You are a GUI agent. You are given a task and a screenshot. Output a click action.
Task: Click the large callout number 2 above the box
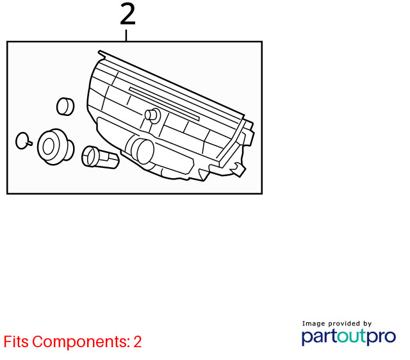[127, 15]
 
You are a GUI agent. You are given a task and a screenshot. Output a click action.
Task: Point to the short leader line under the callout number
[126, 35]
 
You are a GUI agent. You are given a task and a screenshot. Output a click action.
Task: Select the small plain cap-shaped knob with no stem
[65, 106]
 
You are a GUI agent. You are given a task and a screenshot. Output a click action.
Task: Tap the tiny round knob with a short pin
[24, 141]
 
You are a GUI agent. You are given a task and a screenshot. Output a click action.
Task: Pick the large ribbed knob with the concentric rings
[56, 147]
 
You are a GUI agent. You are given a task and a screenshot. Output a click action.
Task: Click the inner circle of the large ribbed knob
[49, 147]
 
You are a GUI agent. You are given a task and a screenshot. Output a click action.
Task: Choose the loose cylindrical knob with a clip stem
[100, 157]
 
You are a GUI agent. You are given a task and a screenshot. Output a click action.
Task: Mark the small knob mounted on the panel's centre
[152, 115]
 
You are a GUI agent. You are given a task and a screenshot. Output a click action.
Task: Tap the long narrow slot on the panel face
[164, 104]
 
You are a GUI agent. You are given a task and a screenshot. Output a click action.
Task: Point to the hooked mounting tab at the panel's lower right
[238, 169]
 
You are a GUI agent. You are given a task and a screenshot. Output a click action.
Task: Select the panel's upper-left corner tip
[99, 51]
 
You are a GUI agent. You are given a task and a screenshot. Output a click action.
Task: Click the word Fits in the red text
[16, 341]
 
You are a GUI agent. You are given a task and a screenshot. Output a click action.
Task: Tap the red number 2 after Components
[138, 341]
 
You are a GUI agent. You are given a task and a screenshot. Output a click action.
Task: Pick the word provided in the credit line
[344, 323]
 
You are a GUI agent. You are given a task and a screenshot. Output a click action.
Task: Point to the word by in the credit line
[367, 324]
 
